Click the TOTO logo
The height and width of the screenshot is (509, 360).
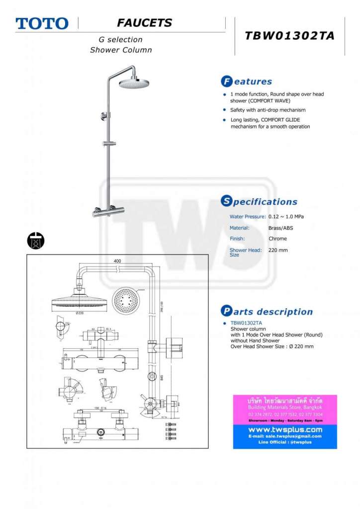pyautogui.click(x=42, y=23)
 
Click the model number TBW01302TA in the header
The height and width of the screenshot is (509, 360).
pyautogui.click(x=289, y=36)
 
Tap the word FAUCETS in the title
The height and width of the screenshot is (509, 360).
pyautogui.click(x=144, y=23)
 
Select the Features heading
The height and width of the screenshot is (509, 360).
pyautogui.click(x=247, y=82)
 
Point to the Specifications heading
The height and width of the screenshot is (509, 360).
pyautogui.click(x=259, y=202)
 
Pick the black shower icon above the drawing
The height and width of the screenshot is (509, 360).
pyautogui.click(x=36, y=240)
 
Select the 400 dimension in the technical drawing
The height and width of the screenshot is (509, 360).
pyautogui.click(x=117, y=261)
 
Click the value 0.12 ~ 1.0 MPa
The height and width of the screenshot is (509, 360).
pyautogui.click(x=286, y=217)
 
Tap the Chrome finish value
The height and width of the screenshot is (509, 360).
pyautogui.click(x=277, y=239)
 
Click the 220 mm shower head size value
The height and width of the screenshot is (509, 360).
pyautogui.click(x=278, y=250)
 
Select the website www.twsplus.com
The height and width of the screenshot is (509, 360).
pyautogui.click(x=285, y=429)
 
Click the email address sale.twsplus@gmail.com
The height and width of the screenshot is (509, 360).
pyautogui.click(x=285, y=436)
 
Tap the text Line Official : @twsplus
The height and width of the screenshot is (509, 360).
pyautogui.click(x=285, y=442)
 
